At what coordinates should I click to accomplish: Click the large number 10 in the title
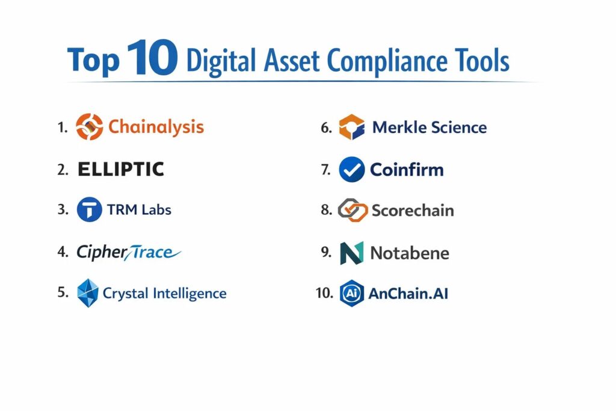point(152,57)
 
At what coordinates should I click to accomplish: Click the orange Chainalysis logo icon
point(90,127)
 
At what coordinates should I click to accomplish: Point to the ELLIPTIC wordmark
point(120,169)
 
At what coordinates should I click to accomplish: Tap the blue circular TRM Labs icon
point(90,209)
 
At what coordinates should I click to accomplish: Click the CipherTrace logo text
point(129,252)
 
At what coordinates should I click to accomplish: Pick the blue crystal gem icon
point(88,293)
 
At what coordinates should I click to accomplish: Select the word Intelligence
point(189,294)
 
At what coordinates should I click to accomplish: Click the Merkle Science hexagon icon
point(351,127)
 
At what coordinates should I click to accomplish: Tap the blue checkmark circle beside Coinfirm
point(351,169)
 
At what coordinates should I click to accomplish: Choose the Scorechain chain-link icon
point(353,210)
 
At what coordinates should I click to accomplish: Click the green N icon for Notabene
point(351,253)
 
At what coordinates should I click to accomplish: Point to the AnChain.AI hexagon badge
point(351,293)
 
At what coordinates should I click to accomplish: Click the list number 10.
point(324,292)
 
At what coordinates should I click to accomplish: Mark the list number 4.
point(63,252)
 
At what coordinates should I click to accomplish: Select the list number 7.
point(326,169)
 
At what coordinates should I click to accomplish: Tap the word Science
point(459,128)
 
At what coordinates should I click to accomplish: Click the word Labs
point(156,210)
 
